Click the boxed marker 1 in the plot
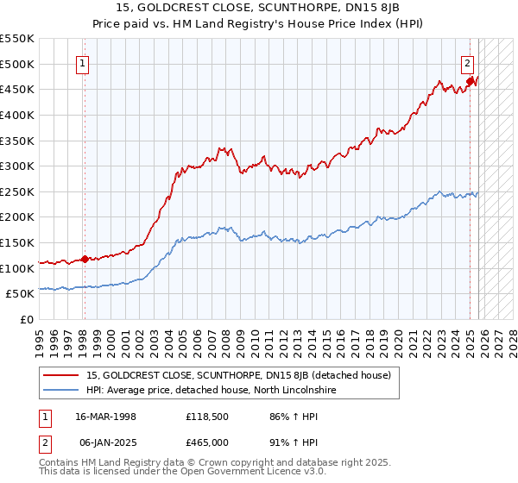[84, 62]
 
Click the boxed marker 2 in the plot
[467, 62]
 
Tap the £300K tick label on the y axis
[17, 166]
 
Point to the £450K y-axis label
[17, 89]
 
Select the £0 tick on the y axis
[28, 319]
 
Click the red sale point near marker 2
[471, 82]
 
